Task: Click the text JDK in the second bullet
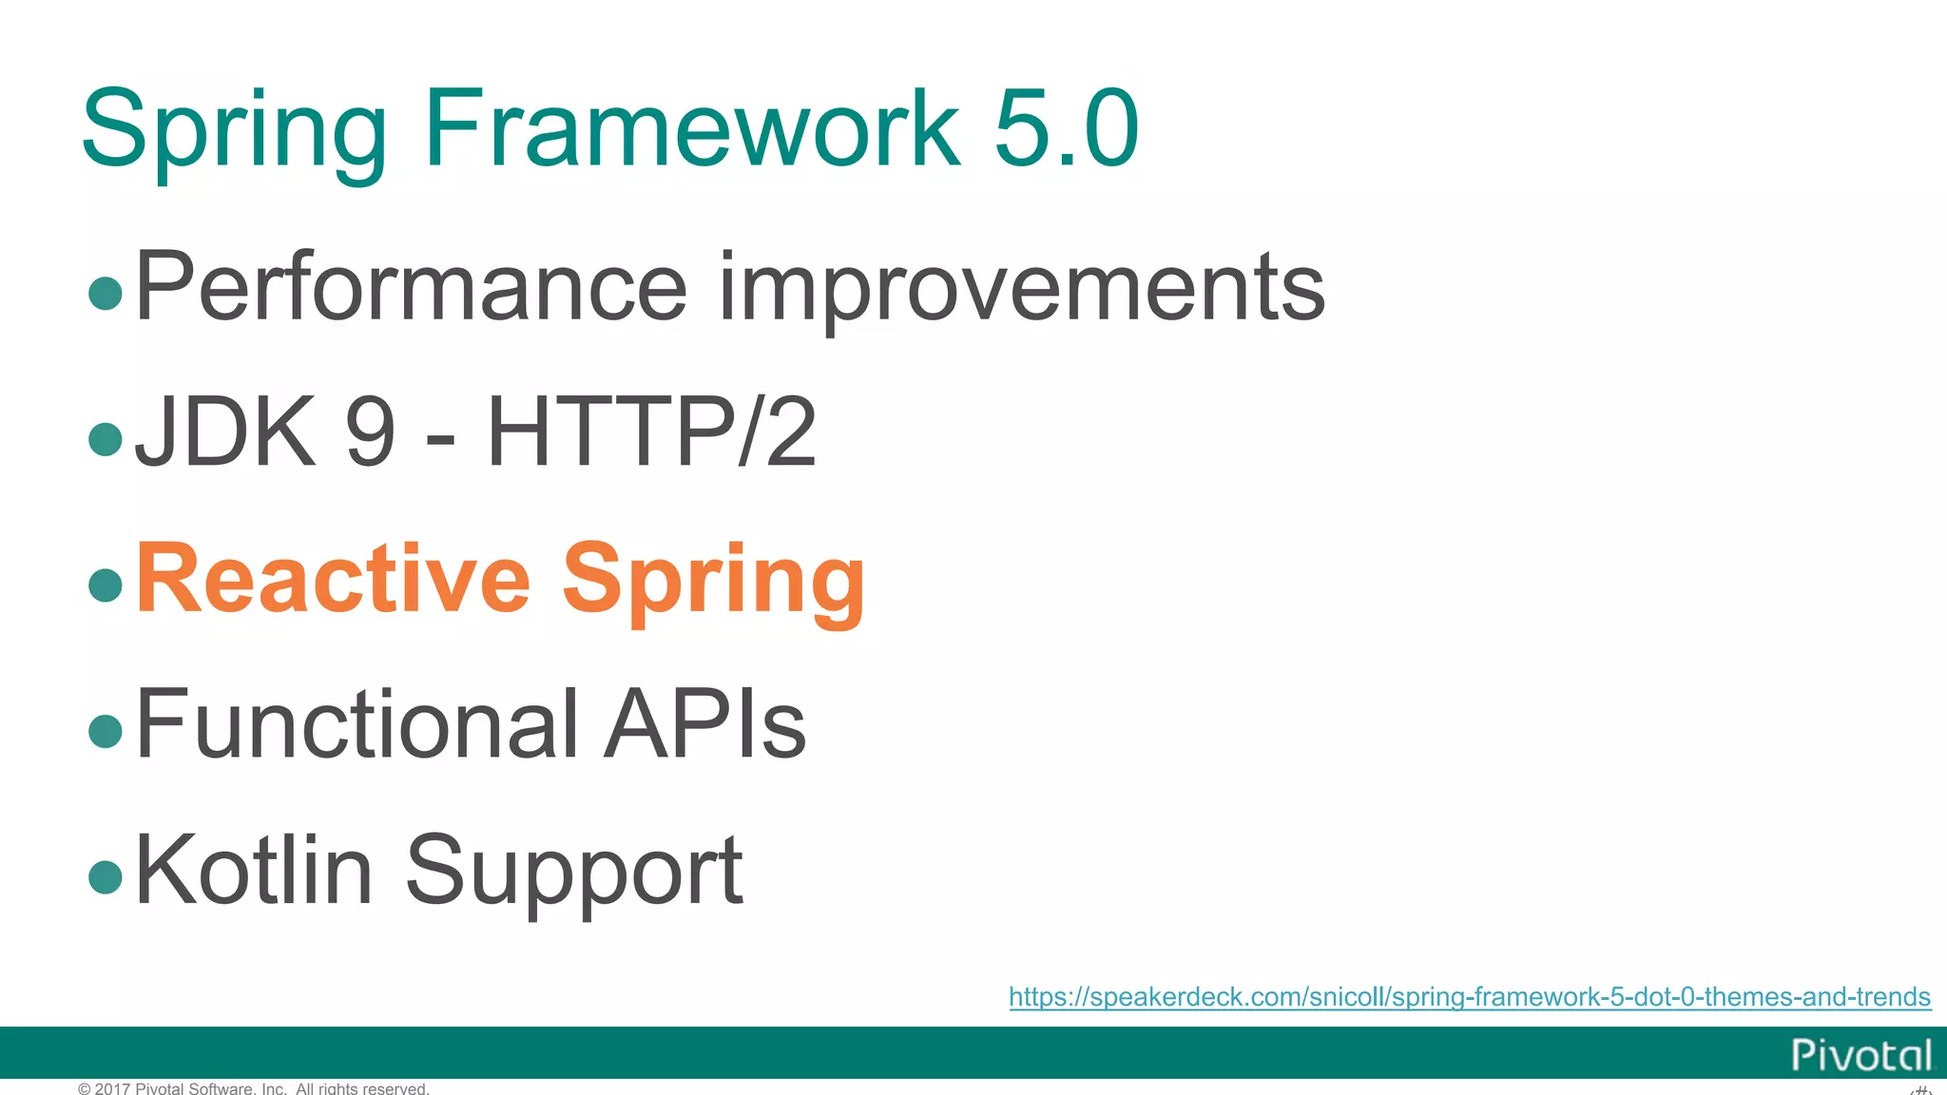click(225, 432)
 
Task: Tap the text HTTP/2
click(651, 432)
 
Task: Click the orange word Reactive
click(333, 579)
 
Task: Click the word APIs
click(705, 724)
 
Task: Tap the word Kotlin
click(254, 871)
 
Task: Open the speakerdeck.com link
click(1469, 996)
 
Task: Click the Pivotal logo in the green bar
click(1861, 1055)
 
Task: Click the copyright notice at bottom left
click(254, 1088)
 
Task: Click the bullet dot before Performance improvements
click(106, 293)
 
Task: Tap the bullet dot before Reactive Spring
click(106, 585)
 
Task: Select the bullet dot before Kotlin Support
click(106, 876)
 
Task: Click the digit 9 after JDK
click(370, 432)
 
